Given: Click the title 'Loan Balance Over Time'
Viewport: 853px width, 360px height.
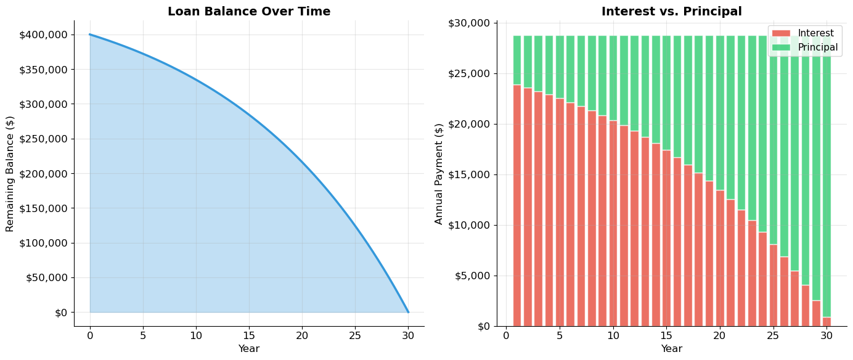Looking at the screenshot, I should coord(249,12).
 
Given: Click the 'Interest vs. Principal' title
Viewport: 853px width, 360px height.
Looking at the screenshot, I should coord(671,12).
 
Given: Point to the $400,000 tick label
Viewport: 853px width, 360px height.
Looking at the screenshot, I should coord(44,35).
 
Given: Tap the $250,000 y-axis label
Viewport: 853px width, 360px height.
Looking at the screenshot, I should coord(44,139).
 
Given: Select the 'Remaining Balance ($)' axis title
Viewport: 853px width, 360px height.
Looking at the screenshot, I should coord(10,174).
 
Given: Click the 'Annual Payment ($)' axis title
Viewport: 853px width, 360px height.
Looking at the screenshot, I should coord(439,174).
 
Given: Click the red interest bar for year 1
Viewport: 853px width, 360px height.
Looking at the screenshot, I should coord(517,205).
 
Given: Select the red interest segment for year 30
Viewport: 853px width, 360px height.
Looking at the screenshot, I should coord(826,322).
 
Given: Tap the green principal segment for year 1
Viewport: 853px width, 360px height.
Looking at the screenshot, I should coord(517,60).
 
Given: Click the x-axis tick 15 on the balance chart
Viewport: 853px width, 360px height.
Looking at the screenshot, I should coord(249,335).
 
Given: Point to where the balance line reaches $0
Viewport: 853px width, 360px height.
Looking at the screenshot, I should coord(408,312).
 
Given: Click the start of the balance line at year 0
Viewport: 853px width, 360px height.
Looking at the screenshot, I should coord(90,35).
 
